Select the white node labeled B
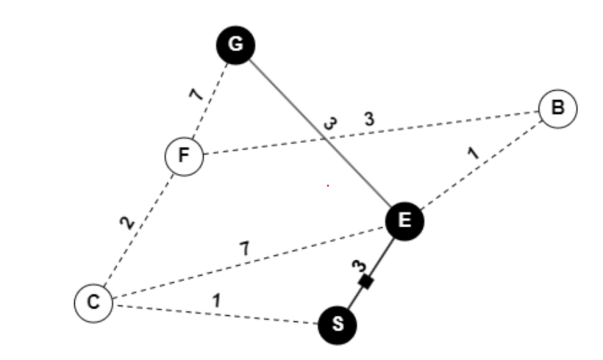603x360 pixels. click(x=557, y=108)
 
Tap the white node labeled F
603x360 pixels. click(x=184, y=156)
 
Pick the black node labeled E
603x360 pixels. click(x=404, y=221)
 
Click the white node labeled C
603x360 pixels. click(x=93, y=303)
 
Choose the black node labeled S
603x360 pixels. click(x=337, y=325)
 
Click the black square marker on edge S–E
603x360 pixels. click(x=366, y=282)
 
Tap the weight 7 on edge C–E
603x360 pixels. click(x=244, y=249)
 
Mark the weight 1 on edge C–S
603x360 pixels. click(x=217, y=300)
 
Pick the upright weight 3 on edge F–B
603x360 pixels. click(x=369, y=120)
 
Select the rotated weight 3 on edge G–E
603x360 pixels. click(x=331, y=124)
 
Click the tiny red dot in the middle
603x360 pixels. click(x=328, y=186)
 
